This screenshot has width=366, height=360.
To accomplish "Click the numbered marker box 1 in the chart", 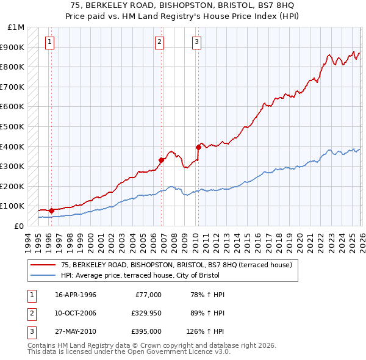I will [49, 42].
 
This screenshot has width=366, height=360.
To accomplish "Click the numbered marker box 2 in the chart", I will [159, 42].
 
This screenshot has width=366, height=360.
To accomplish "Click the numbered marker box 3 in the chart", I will [197, 42].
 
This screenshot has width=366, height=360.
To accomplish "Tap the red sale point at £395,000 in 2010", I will [198, 147].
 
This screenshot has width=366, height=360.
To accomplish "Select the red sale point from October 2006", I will [162, 160].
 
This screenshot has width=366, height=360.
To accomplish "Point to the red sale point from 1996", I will [51, 211].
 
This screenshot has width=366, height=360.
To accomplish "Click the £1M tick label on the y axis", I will [16, 27].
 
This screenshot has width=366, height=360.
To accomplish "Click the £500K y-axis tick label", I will [13, 127].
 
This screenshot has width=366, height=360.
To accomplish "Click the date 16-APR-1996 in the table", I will [75, 295].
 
